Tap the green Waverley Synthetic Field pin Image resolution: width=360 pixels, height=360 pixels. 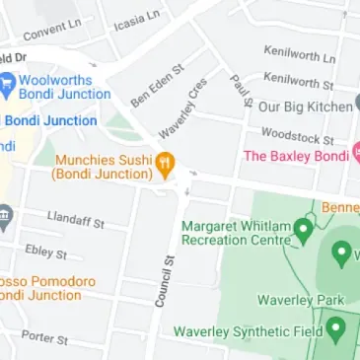click(336, 329)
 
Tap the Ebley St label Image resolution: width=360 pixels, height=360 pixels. click(46, 252)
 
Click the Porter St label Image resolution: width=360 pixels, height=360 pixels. click(44, 337)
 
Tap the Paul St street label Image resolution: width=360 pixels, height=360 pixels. click(241, 87)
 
